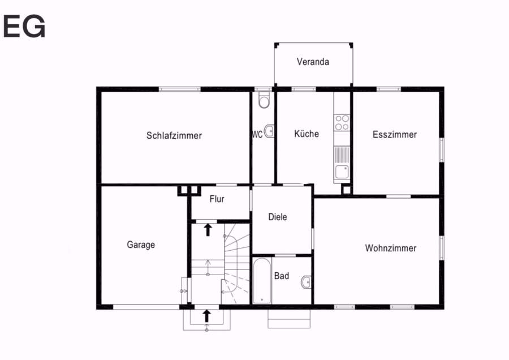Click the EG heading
tap(24, 26)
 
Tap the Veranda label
tap(313, 62)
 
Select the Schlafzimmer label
tap(174, 135)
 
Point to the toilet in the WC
tap(264, 100)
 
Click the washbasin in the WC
tap(269, 131)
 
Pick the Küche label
tap(307, 134)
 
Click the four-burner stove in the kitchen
tap(342, 122)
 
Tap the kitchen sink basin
tap(342, 172)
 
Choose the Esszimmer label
tap(394, 135)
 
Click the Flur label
tap(217, 199)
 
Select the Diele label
tap(278, 217)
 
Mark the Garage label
tap(141, 245)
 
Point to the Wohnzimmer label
tap(390, 248)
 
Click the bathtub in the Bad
tap(262, 281)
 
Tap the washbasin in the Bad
tap(306, 282)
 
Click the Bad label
tap(282, 276)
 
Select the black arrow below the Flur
tap(208, 230)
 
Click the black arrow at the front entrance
tap(206, 316)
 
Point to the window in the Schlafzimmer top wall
tap(179, 89)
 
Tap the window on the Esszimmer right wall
tap(442, 150)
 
